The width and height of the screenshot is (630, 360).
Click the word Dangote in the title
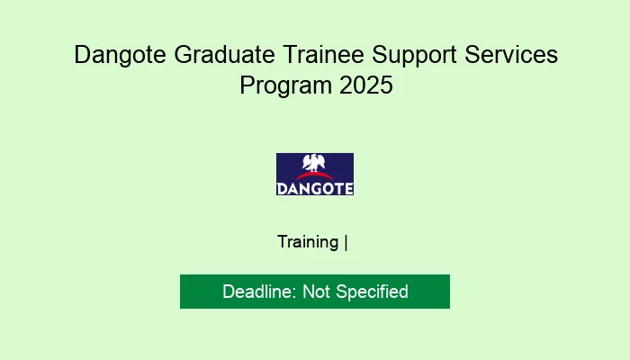116,55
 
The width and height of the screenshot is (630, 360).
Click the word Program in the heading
282,87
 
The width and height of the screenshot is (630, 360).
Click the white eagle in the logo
315,164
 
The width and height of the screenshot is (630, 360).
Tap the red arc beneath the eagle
315,177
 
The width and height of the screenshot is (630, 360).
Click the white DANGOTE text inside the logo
315,188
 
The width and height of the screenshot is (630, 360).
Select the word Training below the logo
308,242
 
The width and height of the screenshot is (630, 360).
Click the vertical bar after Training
346,242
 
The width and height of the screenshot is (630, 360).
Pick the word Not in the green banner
316,292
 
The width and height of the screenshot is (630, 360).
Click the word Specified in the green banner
372,292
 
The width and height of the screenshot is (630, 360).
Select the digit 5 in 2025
386,87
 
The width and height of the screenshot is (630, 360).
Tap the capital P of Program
247,87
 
